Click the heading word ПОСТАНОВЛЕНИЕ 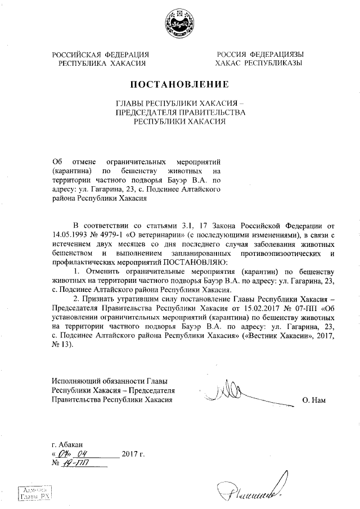(x=180, y=85)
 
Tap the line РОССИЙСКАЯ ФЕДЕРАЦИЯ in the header (x=101, y=55)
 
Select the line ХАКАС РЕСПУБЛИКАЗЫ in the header (x=259, y=64)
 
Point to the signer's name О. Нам (x=314, y=400)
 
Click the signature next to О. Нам (x=230, y=391)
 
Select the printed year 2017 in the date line (x=130, y=454)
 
